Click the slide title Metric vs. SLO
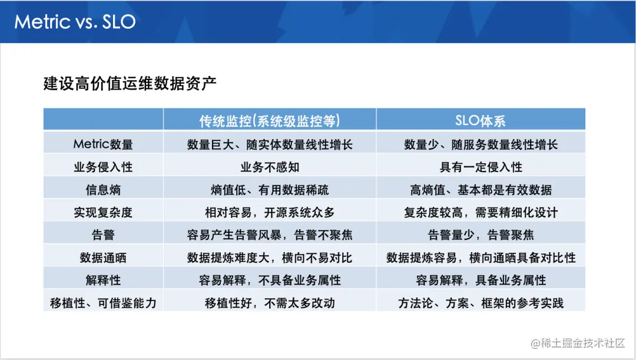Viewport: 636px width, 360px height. [x=75, y=22]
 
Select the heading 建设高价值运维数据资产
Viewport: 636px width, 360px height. [x=130, y=83]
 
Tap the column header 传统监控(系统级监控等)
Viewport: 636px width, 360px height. [x=270, y=121]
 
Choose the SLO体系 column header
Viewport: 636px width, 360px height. [x=481, y=121]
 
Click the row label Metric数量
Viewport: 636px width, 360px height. [x=103, y=144]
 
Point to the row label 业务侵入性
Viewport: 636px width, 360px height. [x=103, y=167]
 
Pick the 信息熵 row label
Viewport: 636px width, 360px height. [x=103, y=190]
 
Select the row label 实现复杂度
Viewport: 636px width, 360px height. [x=103, y=212]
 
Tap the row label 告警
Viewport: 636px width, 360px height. [x=103, y=235]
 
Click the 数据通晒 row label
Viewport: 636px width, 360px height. [x=103, y=257]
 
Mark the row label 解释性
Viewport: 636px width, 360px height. [x=103, y=280]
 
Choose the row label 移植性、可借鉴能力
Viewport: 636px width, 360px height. [x=103, y=303]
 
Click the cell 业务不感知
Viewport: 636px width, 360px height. [x=270, y=167]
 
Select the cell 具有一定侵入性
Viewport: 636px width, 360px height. [x=481, y=167]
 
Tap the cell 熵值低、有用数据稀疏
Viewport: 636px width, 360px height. [x=270, y=190]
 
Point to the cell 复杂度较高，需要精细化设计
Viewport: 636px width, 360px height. [x=481, y=212]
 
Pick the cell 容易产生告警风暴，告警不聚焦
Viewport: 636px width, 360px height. [x=270, y=235]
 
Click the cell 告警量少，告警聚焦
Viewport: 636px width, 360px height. [x=481, y=235]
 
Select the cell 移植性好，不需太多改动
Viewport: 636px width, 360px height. [x=270, y=303]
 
